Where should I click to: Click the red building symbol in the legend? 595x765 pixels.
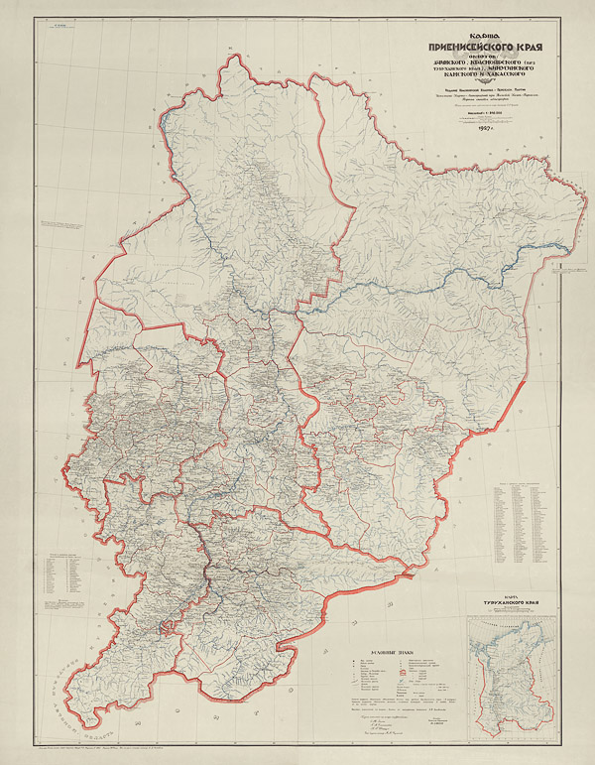click(x=404, y=675)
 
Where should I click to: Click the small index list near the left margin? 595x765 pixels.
click(x=60, y=576)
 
